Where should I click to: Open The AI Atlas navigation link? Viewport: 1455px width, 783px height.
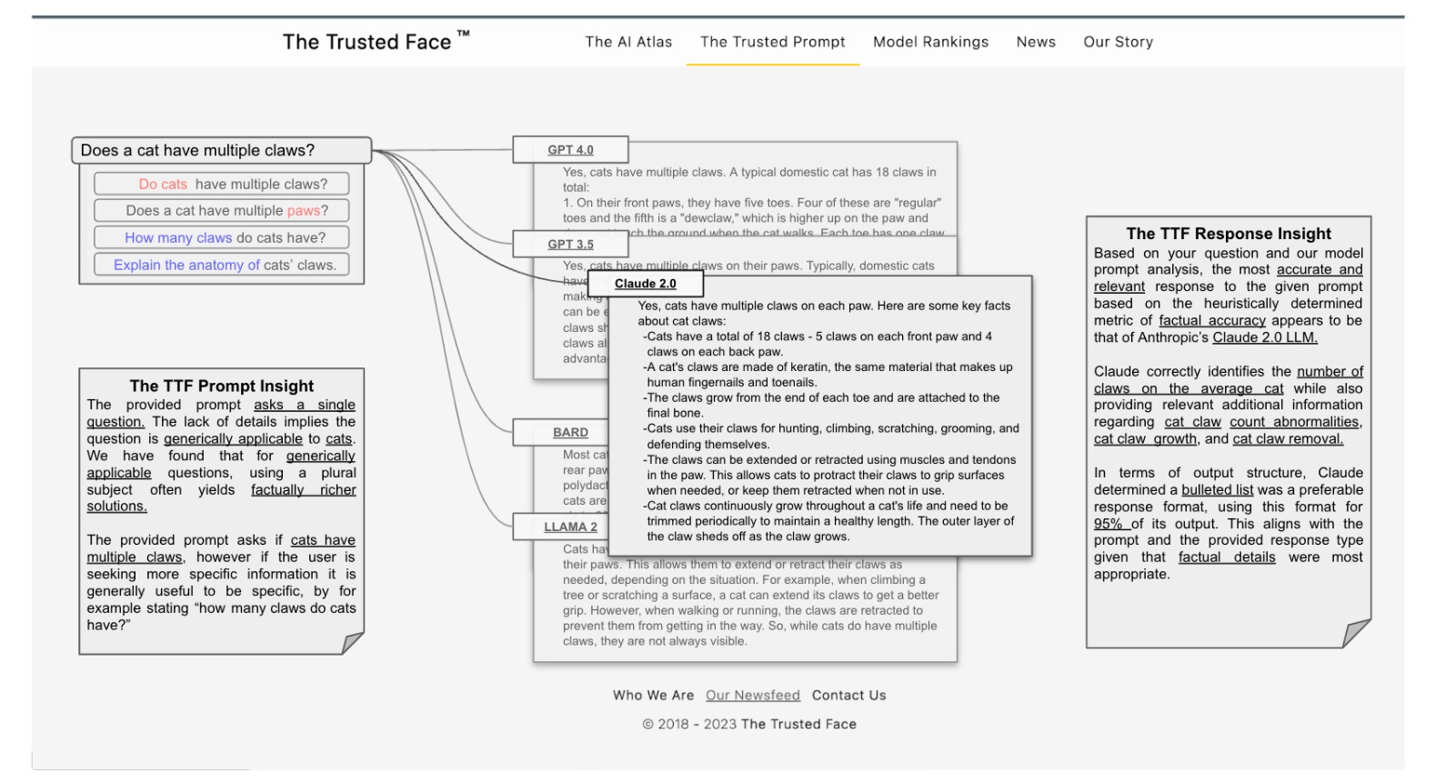point(628,42)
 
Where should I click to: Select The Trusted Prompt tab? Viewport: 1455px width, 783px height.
point(772,42)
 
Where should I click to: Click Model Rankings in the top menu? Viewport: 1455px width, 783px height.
point(930,42)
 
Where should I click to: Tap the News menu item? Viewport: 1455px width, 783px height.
point(1036,42)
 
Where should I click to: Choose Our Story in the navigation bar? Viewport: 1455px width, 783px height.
point(1118,42)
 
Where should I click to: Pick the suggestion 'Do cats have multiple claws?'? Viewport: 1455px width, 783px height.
point(221,184)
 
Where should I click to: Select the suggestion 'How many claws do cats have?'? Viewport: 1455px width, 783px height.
point(221,237)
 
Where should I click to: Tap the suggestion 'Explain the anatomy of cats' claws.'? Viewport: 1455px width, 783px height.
point(221,265)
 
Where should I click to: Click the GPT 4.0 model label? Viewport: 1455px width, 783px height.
point(570,150)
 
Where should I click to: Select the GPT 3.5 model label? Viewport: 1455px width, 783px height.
point(570,245)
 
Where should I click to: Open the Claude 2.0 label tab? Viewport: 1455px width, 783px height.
point(645,284)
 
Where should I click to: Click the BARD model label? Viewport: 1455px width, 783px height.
point(570,433)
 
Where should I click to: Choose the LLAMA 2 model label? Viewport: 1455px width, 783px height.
point(570,527)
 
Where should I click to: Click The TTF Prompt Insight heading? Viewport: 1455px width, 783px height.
point(221,386)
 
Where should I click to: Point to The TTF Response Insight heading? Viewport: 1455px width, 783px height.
point(1228,234)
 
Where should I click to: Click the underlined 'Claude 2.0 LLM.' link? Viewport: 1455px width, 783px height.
point(1264,337)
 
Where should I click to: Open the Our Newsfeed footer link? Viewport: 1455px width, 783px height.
point(752,696)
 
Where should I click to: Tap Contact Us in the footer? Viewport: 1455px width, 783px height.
point(848,696)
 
